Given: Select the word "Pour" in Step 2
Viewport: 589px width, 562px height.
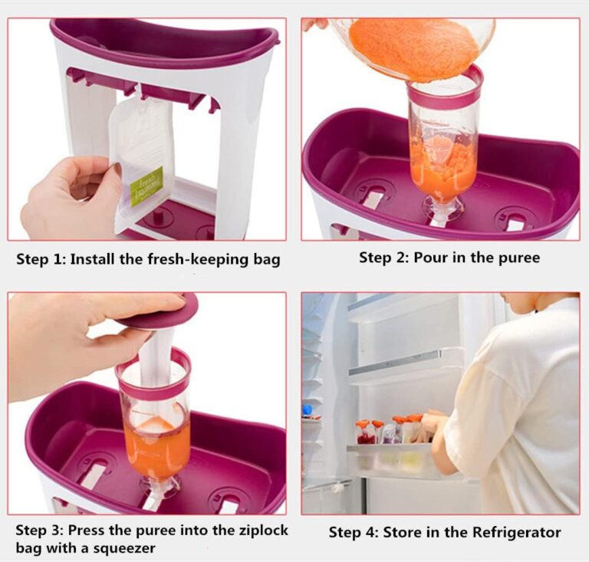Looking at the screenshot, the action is click(x=429, y=258).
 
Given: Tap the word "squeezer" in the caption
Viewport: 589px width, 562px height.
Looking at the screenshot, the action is click(x=124, y=548).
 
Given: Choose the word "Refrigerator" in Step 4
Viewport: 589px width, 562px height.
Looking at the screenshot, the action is click(x=516, y=532).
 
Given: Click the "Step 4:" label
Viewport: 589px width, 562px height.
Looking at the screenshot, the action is click(x=354, y=533).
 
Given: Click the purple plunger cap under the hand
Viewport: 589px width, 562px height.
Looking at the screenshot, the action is click(x=162, y=315).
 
